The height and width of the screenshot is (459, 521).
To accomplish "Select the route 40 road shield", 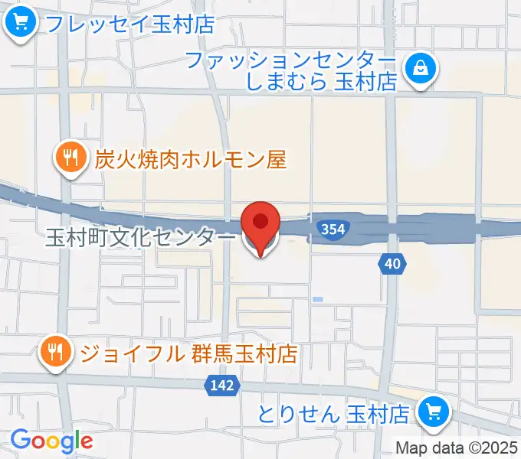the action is point(392,264).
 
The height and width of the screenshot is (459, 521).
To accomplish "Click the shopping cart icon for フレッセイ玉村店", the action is point(19,23).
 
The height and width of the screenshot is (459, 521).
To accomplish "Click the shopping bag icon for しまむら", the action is point(421,68).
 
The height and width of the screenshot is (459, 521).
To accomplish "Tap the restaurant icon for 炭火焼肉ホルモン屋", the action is point(71,158).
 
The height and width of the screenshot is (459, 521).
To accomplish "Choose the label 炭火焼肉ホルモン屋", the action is point(190,159).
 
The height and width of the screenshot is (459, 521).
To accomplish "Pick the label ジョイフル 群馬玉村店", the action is point(188,353).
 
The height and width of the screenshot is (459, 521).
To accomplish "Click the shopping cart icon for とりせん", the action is point(434,413).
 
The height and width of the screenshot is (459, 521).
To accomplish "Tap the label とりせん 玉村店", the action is point(333,414).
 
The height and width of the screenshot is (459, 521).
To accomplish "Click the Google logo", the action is point(51,441).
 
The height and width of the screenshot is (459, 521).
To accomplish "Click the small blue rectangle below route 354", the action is point(317,299).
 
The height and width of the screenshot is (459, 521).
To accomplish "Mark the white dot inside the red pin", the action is point(260,221).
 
